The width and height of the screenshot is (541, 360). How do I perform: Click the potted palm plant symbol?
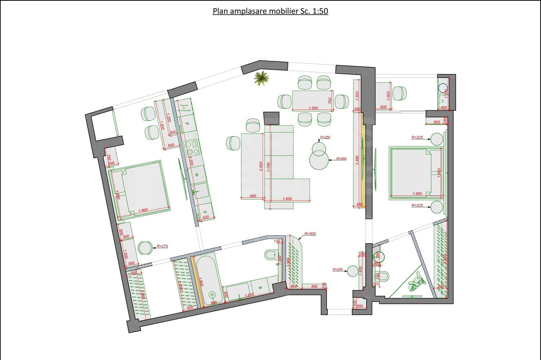click(261, 78)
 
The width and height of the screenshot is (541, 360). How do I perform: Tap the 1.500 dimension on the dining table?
click(313, 108)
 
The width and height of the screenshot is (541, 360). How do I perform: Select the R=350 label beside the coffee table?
click(341, 159)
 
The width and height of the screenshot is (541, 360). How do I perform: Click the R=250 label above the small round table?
click(325, 137)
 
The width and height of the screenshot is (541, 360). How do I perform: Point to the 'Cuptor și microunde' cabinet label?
click(184, 108)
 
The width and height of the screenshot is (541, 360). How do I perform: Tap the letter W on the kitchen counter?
click(197, 175)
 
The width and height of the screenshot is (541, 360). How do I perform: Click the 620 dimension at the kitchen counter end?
click(206, 217)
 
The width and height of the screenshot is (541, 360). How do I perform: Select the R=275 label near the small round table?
click(162, 246)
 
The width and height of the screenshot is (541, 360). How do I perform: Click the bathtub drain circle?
click(212, 295)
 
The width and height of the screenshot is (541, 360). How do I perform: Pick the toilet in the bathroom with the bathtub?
click(270, 255)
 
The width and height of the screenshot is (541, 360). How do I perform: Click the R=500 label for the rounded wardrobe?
click(310, 233)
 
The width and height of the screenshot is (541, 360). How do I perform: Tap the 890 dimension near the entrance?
click(314, 286)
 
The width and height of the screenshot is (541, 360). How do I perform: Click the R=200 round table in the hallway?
click(353, 271)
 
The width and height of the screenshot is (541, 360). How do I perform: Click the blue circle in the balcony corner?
click(443, 88)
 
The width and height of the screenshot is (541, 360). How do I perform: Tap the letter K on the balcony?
click(443, 101)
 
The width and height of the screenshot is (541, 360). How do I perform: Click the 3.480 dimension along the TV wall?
click(357, 160)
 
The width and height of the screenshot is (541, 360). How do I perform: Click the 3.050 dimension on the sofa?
click(268, 167)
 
